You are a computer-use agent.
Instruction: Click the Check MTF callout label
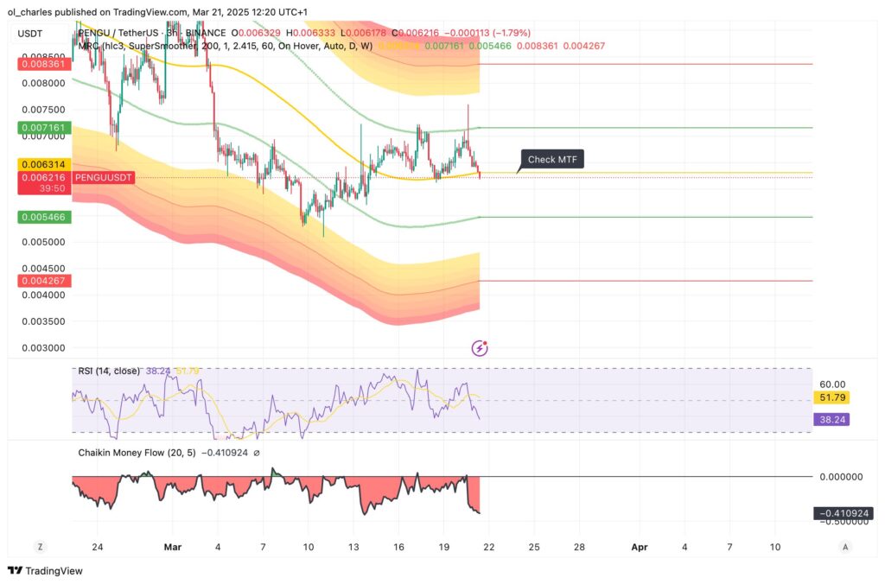coord(553,159)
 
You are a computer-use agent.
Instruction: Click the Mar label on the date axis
coord(174,547)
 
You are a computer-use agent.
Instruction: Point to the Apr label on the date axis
coord(640,547)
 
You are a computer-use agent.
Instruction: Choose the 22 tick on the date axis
coord(489,547)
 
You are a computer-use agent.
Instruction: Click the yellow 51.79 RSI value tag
coord(834,398)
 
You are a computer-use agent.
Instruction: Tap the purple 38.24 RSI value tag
coord(834,419)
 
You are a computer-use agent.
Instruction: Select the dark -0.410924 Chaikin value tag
coord(843,513)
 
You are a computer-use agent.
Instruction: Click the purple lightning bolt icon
coord(480,348)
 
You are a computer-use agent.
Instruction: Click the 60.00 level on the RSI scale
coord(833,384)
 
